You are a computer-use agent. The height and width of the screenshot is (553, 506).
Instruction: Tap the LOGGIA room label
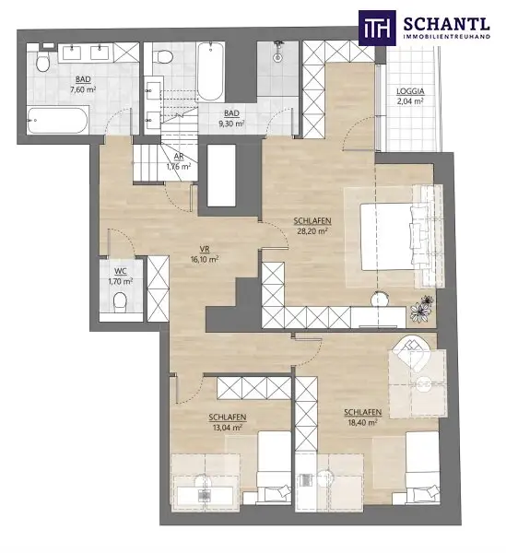[x=410, y=90]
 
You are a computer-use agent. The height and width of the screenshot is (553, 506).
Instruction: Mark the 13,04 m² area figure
[x=225, y=427]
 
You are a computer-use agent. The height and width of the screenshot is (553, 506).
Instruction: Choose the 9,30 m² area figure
[x=231, y=123]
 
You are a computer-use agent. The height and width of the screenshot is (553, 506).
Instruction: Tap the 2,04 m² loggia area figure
[x=410, y=101]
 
